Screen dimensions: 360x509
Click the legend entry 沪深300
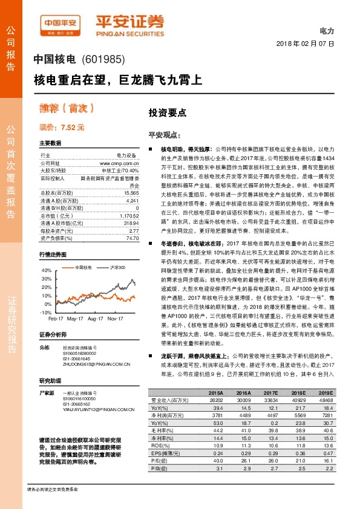[x=117, y=267]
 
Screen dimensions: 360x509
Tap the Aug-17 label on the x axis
[x=96, y=318]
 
